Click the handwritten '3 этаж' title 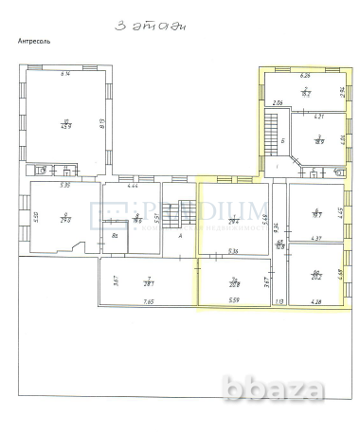click(150, 27)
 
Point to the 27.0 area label click(65, 220)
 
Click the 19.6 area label click(137, 219)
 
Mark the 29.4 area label click(232, 220)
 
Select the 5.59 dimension click(233, 301)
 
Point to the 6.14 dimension click(65, 74)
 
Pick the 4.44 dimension click(134, 185)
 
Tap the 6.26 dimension click(305, 75)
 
